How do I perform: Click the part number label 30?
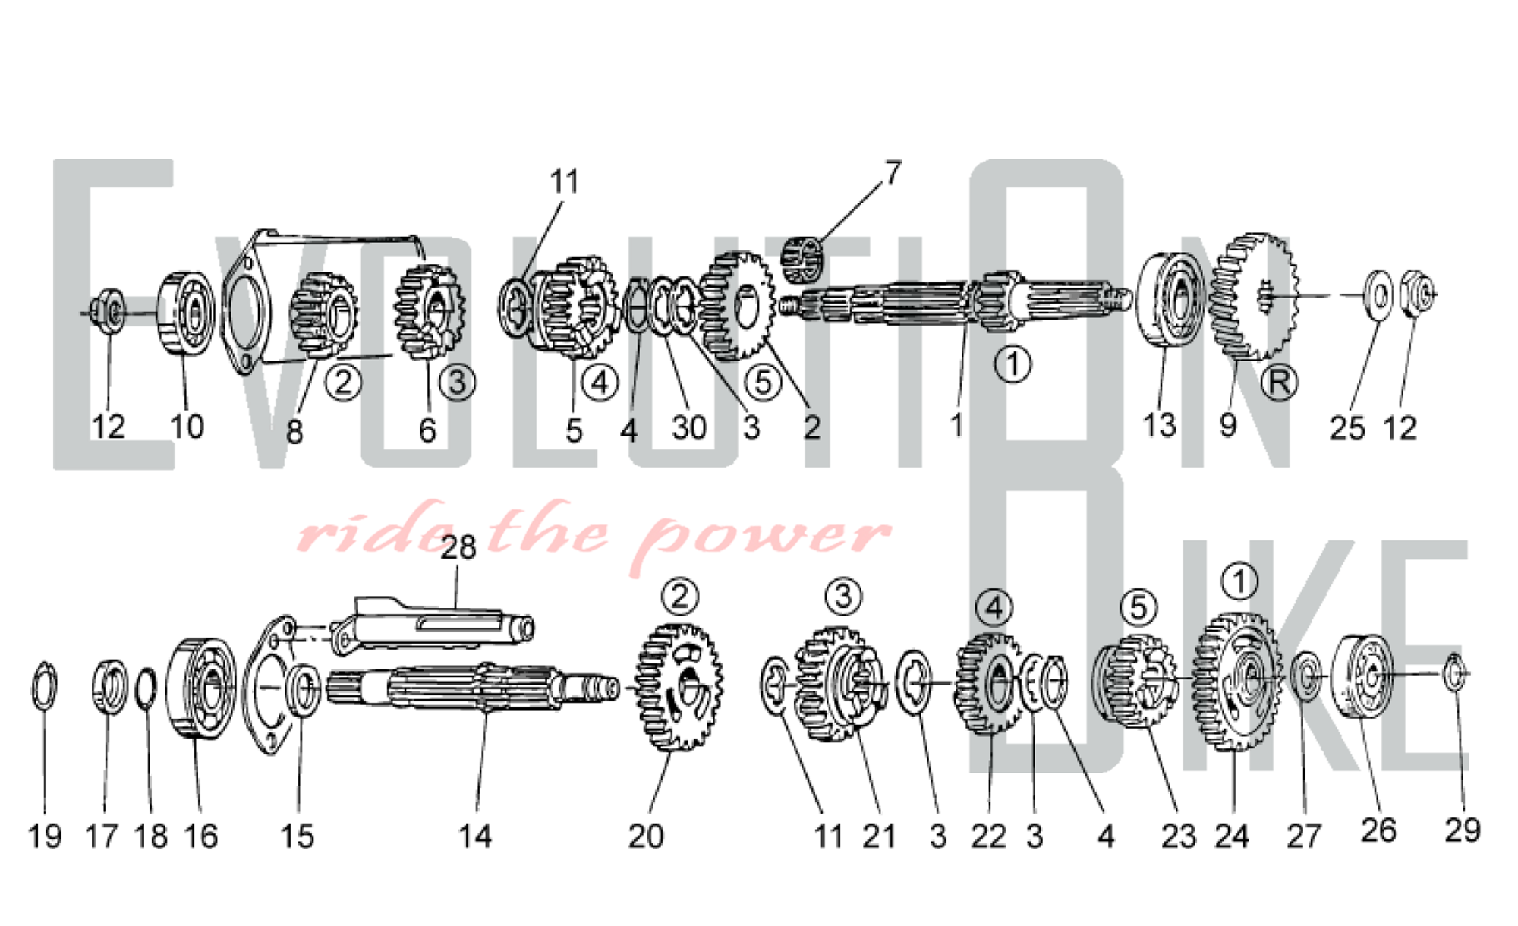click(x=689, y=428)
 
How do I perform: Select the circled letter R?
click(x=1278, y=383)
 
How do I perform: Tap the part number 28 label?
click(x=458, y=547)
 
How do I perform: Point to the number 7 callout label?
click(x=893, y=173)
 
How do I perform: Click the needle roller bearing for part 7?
click(x=802, y=260)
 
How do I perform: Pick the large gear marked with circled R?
click(x=1253, y=296)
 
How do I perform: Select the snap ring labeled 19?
click(x=44, y=686)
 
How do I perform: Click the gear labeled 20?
click(x=679, y=687)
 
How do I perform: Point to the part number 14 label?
click(x=475, y=836)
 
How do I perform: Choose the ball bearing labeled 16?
click(x=200, y=688)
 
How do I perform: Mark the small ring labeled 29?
click(x=1453, y=672)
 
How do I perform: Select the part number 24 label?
click(x=1231, y=836)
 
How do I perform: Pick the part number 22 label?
click(x=988, y=836)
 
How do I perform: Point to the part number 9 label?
click(x=1227, y=426)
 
